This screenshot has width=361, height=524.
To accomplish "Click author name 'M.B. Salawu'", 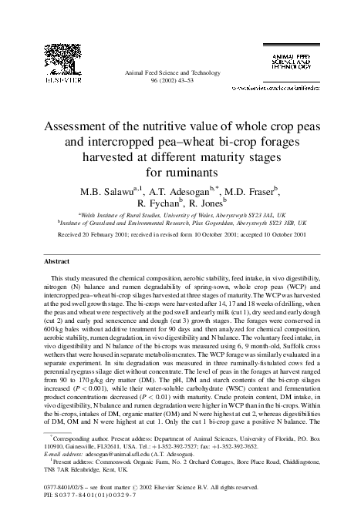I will [x=98, y=190].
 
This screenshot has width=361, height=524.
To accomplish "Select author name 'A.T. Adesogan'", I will [x=172, y=190].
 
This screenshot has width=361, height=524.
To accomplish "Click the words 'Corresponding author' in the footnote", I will [x=79, y=436].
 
